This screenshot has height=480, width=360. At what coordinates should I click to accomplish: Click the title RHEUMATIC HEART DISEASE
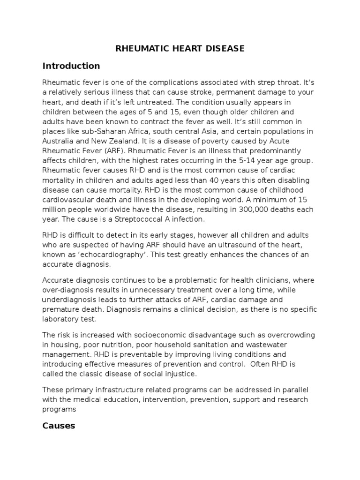coord(180,49)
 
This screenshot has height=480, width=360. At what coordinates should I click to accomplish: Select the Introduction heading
coord(71,66)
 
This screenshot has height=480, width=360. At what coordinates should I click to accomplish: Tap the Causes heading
coord(59,412)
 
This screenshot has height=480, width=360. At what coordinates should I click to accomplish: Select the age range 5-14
coord(226,160)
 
